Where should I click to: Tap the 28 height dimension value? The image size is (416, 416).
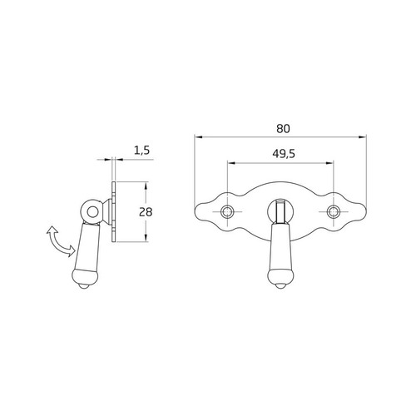(146, 211)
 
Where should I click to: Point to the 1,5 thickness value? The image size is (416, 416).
(141, 151)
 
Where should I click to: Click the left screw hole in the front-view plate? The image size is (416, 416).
(227, 212)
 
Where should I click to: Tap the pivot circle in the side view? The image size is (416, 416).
(91, 212)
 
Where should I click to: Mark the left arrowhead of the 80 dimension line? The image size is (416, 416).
(197, 137)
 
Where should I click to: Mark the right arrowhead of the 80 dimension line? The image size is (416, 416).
(364, 137)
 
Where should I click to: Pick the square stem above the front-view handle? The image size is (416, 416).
(280, 213)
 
